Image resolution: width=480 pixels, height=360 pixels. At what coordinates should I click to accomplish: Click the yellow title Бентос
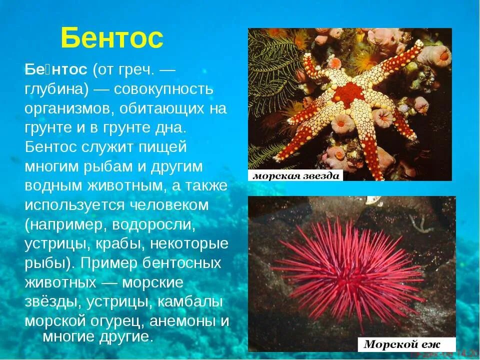pos(112,38)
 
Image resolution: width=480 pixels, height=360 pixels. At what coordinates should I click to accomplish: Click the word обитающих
pos(170,108)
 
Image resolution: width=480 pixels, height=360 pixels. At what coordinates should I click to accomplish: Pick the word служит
pos(103,147)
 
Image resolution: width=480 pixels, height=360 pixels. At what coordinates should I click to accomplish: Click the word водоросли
pos(153,224)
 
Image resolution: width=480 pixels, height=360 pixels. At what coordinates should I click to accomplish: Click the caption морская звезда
pos(296,175)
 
